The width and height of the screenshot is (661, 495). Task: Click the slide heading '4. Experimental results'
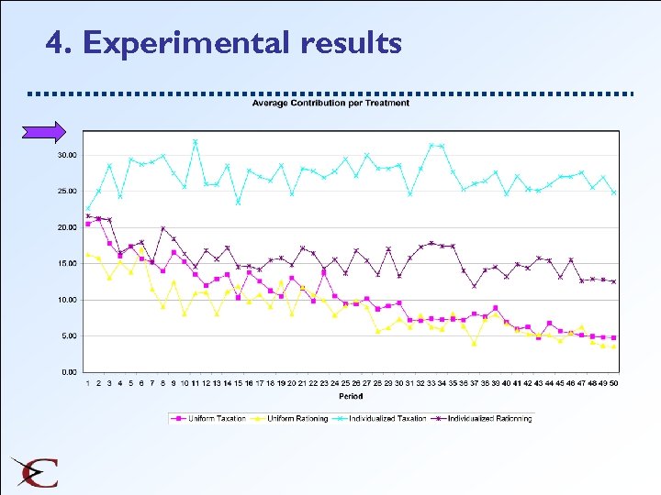(x=223, y=43)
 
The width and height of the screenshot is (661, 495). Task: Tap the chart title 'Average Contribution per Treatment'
(x=330, y=103)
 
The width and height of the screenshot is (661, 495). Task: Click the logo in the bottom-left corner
(x=35, y=472)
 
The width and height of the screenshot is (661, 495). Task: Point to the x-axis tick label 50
(x=613, y=382)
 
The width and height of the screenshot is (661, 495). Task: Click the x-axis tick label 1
(x=88, y=382)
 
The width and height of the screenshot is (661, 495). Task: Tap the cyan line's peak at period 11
(x=195, y=142)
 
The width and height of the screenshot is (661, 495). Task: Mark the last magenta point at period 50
(x=613, y=337)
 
